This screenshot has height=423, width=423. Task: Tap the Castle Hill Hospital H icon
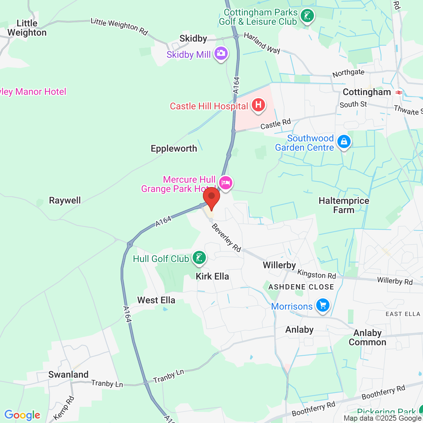tap(258, 105)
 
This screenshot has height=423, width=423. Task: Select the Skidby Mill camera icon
tap(221, 53)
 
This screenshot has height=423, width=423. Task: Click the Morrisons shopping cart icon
tap(323, 305)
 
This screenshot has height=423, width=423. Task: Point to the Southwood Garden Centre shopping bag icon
tap(344, 142)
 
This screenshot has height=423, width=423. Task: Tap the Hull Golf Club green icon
tap(199, 258)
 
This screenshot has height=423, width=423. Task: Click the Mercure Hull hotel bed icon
tap(226, 182)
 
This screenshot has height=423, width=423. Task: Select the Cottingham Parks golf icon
tap(307, 16)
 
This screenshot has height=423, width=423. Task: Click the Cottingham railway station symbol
tap(399, 93)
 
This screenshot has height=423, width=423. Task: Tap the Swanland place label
tap(68, 374)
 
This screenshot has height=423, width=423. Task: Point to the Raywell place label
tap(65, 200)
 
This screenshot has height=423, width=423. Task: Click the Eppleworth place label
tap(174, 148)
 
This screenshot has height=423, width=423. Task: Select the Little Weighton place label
tap(27, 28)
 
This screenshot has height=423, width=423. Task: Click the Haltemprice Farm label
tap(344, 205)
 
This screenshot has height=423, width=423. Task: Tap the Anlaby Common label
tap(367, 337)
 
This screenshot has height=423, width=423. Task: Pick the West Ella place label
tap(156, 300)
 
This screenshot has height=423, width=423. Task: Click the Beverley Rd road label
tap(226, 238)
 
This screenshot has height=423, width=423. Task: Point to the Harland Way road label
tap(262, 43)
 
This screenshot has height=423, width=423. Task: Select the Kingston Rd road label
tap(317, 274)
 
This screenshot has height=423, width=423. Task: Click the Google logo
tap(22, 415)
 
